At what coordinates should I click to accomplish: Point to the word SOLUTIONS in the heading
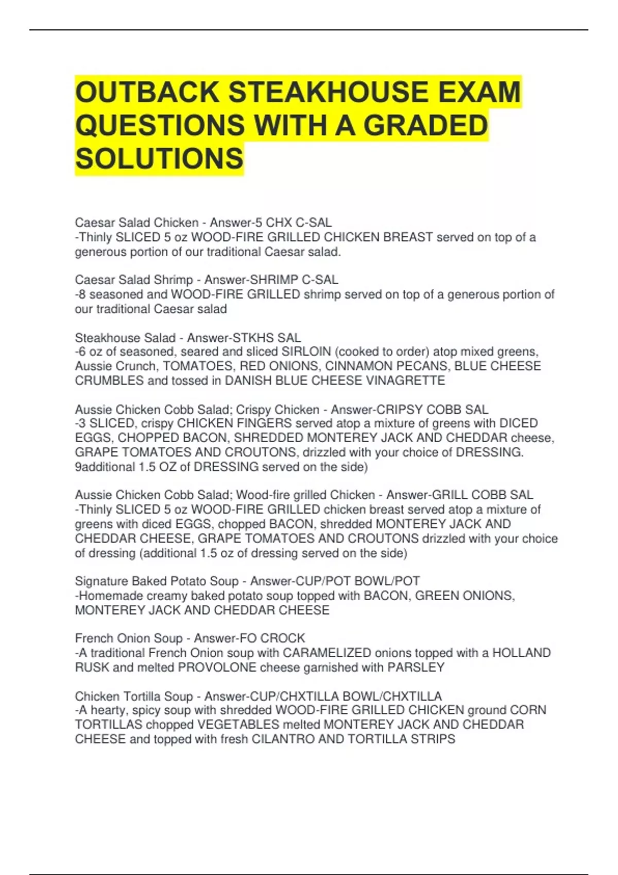[159, 158]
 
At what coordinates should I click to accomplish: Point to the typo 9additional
[105, 467]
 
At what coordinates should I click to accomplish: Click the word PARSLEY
[416, 668]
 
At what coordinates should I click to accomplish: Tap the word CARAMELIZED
[327, 653]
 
